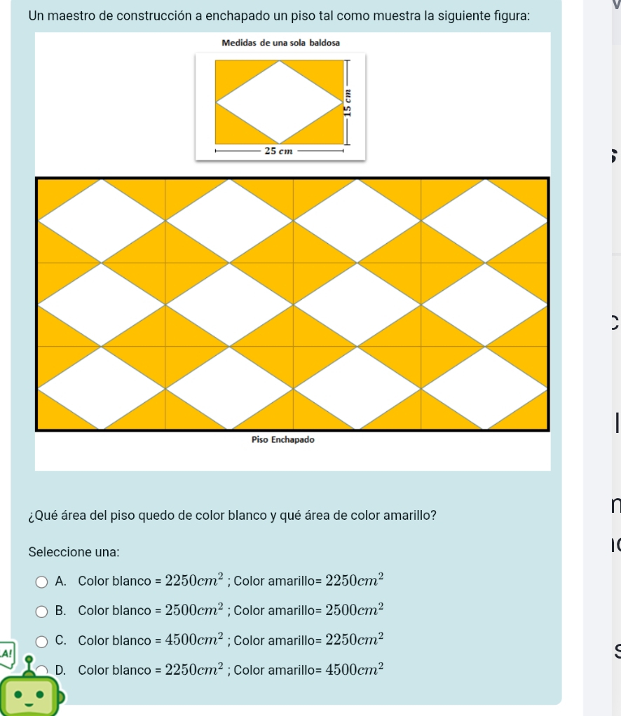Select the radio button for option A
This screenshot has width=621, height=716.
coord(41,581)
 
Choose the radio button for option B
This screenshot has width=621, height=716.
coord(41,612)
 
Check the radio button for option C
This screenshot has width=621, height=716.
coord(41,642)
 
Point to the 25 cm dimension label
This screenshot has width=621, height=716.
coord(278,151)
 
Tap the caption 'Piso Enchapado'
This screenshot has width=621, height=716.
coord(283,440)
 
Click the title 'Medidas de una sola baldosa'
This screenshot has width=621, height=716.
coord(280,43)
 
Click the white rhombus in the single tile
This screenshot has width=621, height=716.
coord(280,102)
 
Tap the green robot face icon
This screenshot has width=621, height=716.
coord(29,694)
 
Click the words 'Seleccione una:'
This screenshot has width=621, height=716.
coord(74,552)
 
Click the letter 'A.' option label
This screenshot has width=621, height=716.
coord(61,581)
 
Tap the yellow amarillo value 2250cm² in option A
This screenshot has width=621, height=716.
coord(354,580)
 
